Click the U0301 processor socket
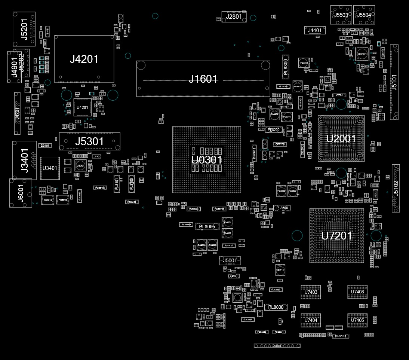tap(206, 159)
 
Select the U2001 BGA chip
tap(341, 138)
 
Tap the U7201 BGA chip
tap(336, 236)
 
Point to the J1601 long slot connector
tap(203, 79)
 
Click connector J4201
tap(84, 59)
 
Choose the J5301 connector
tap(89, 141)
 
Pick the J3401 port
tap(24, 160)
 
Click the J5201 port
tap(24, 29)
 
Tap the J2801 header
tap(234, 17)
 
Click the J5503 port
tap(341, 15)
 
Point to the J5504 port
tap(364, 15)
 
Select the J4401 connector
tap(315, 31)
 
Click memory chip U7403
tap(311, 292)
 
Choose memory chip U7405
tap(357, 320)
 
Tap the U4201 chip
tap(82, 107)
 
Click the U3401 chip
tap(50, 168)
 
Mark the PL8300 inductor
tap(286, 67)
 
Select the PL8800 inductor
tap(276, 307)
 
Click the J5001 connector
tap(230, 260)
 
